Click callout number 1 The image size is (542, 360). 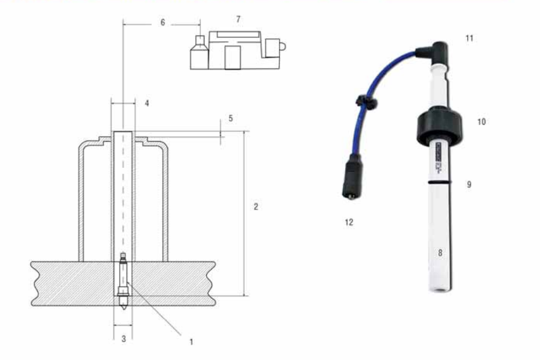tap(191, 341)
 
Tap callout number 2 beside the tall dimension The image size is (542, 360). tap(256, 207)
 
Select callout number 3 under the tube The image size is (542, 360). tap(124, 339)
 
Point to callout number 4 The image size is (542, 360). tap(147, 103)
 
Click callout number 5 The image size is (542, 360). tap(231, 118)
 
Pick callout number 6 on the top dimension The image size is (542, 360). tap(163, 23)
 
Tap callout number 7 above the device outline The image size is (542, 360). tap(238, 19)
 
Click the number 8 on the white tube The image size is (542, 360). tap(440, 253)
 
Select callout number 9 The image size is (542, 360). tap(469, 185)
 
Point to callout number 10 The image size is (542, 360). tap(481, 121)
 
